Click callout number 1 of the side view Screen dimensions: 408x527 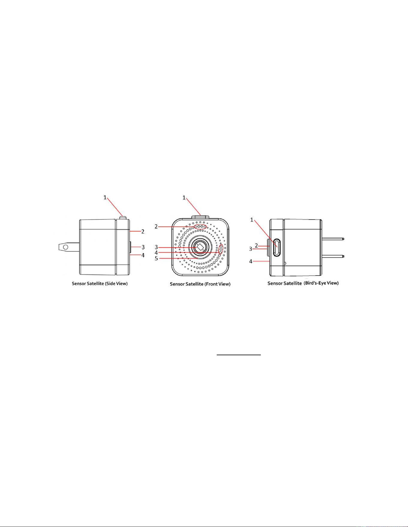(x=105, y=198)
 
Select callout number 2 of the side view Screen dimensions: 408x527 (x=143, y=231)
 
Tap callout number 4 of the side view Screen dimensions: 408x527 (x=143, y=255)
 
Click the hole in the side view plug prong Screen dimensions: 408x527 (x=66, y=247)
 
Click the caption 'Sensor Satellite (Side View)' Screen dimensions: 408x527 (x=100, y=283)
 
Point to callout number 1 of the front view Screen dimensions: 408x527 (x=184, y=198)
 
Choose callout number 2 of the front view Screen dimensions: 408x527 (x=156, y=227)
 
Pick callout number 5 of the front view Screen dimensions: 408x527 (x=156, y=258)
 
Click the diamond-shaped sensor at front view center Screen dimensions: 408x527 (x=200, y=247)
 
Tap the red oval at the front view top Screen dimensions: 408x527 (x=201, y=227)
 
